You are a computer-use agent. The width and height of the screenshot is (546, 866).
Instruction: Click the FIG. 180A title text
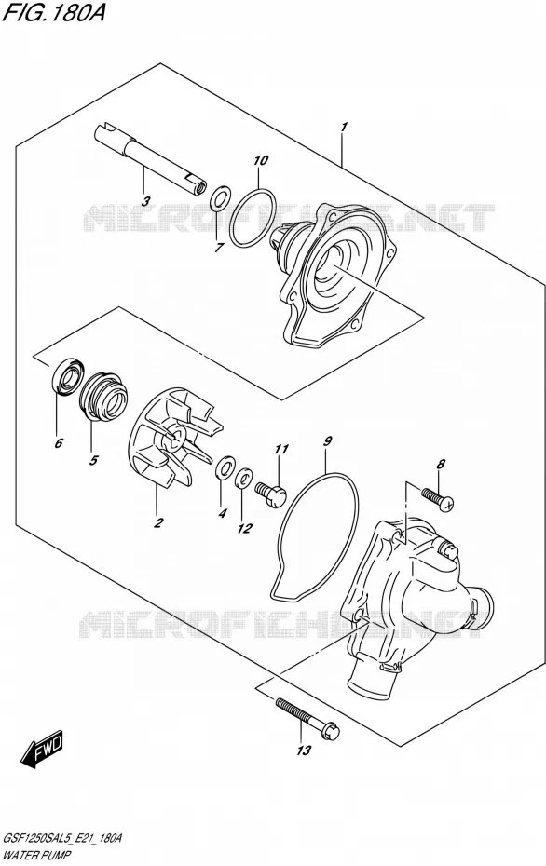tap(54, 12)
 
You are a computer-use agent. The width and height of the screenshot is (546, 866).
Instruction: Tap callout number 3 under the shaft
tap(144, 201)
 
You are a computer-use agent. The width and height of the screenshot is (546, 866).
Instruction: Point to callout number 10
tap(261, 160)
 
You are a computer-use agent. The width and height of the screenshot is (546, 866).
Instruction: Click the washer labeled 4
tap(225, 469)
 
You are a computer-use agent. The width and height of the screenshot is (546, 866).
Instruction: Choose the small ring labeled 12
tap(244, 479)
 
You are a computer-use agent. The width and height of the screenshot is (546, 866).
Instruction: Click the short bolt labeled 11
tap(271, 491)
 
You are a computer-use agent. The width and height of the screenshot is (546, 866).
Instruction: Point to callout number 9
tap(328, 440)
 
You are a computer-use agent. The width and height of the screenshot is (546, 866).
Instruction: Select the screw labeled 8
tap(438, 496)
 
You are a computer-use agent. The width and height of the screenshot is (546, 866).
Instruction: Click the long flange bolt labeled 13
tap(307, 717)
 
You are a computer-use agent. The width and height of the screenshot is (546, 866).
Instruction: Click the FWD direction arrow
tap(42, 751)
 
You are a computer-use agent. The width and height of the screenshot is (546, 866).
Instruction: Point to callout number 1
tap(344, 128)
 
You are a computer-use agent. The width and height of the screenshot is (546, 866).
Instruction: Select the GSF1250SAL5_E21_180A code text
tap(62, 839)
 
